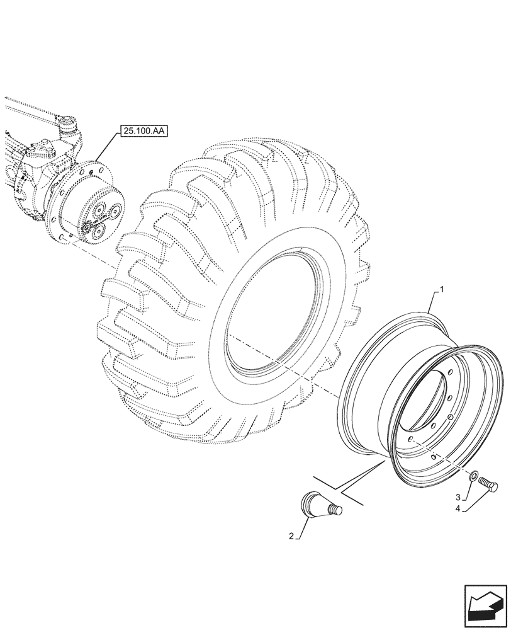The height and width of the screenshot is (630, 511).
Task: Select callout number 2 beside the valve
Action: (x=291, y=537)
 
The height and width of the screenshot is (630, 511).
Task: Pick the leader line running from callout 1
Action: (x=434, y=302)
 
